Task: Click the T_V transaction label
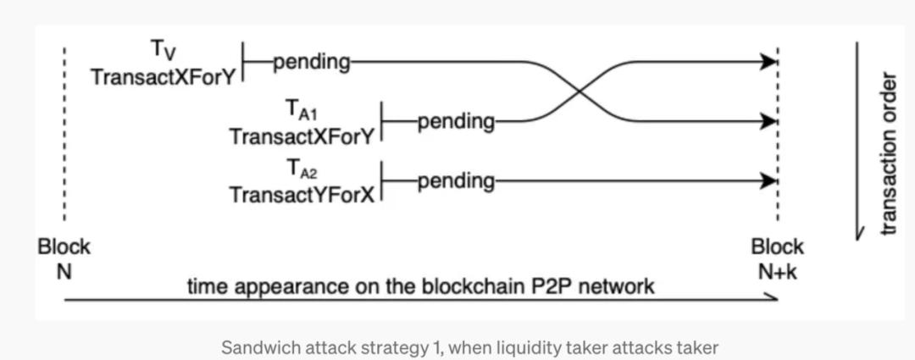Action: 164,50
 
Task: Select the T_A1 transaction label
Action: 302,111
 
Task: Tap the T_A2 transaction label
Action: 302,170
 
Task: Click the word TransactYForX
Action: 301,195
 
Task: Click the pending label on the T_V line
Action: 311,62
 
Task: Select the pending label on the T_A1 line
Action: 456,121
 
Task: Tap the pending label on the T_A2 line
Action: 456,180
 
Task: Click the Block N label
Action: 64,259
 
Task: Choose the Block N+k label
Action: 777,259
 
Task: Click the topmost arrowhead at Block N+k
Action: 769,61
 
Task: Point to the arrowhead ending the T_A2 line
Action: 769,180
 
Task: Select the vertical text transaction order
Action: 887,154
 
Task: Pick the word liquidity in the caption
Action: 522,347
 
